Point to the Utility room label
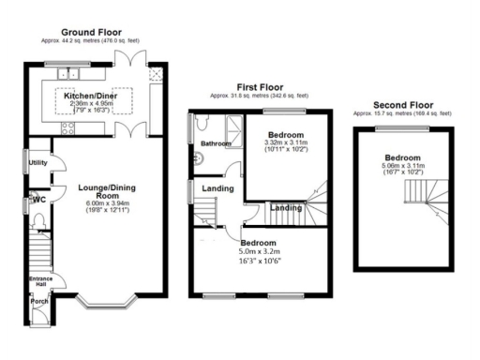(38, 162)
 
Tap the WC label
(38, 199)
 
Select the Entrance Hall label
(39, 281)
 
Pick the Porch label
(39, 302)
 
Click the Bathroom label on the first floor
(215, 142)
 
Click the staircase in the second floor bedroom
(423, 197)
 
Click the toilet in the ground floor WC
(38, 221)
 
